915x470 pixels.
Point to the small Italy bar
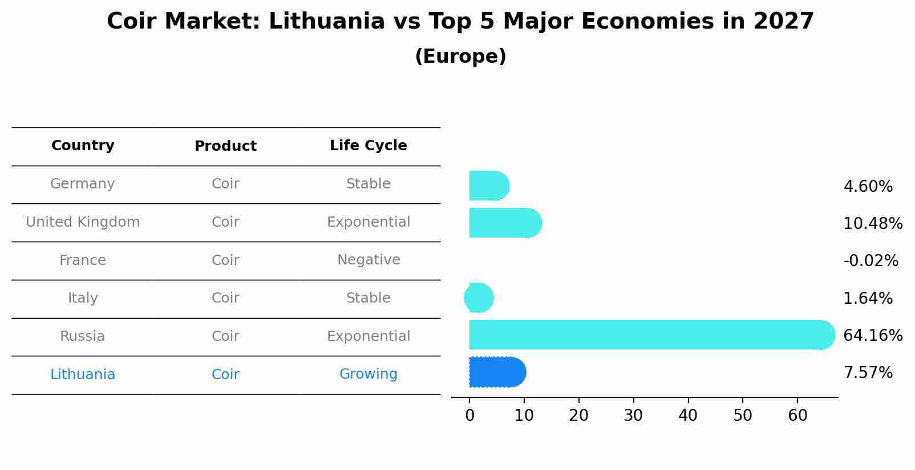click(x=479, y=298)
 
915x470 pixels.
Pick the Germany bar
click(x=488, y=186)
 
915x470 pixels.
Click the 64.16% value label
click(x=872, y=335)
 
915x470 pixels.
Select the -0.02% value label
click(x=871, y=261)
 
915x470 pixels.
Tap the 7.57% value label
click(x=868, y=373)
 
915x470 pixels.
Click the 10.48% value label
click(x=872, y=223)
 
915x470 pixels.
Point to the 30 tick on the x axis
click(x=633, y=415)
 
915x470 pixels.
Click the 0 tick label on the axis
click(x=469, y=415)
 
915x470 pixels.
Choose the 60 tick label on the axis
click(x=797, y=415)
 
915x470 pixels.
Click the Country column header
click(x=83, y=146)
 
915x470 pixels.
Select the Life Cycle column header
click(x=368, y=146)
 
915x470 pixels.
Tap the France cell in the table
click(x=83, y=260)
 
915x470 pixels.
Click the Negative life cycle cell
click(x=368, y=260)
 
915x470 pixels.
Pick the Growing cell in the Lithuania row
click(x=368, y=374)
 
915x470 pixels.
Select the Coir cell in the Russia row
click(x=225, y=336)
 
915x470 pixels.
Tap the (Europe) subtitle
click(x=460, y=57)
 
